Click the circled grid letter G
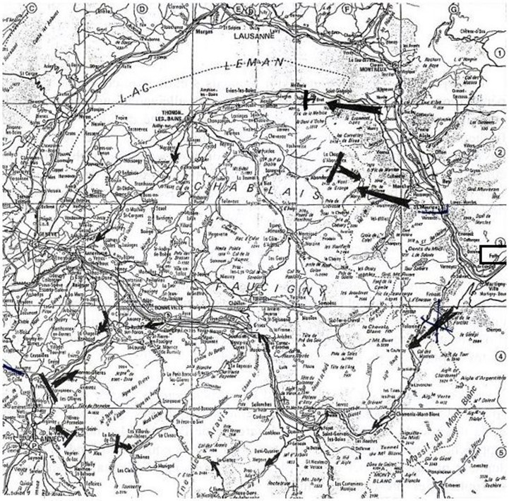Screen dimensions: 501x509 click(453, 8)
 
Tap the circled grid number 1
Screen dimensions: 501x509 click(499, 52)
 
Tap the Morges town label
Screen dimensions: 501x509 click(194, 31)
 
